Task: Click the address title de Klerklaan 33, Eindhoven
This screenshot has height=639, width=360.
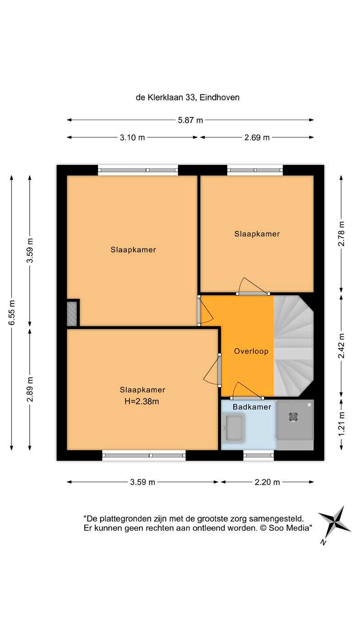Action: [x=187, y=97]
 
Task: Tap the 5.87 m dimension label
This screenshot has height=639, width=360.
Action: [x=190, y=120]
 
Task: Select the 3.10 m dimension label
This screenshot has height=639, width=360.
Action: [x=132, y=138]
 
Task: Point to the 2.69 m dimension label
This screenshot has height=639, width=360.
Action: [x=257, y=138]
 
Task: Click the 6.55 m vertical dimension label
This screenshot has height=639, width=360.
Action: [x=12, y=312]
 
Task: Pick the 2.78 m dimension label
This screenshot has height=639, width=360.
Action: [x=341, y=234]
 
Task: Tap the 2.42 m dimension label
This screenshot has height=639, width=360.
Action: [x=341, y=346]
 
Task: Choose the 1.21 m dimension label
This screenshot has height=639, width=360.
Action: [x=341, y=423]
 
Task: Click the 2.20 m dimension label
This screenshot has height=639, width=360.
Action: [x=267, y=482]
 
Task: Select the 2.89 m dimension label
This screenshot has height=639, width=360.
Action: [x=30, y=389]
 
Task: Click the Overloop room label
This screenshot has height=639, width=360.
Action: [x=251, y=351]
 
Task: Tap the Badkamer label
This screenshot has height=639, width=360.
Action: [x=252, y=407]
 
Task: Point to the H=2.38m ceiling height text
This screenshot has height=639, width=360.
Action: [x=142, y=401]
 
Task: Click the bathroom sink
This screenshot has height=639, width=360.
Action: [x=234, y=428]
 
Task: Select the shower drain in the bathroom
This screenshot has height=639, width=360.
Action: [x=294, y=417]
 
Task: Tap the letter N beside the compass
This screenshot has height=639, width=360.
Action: [x=323, y=542]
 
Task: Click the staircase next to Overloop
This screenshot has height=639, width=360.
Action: [x=294, y=346]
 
